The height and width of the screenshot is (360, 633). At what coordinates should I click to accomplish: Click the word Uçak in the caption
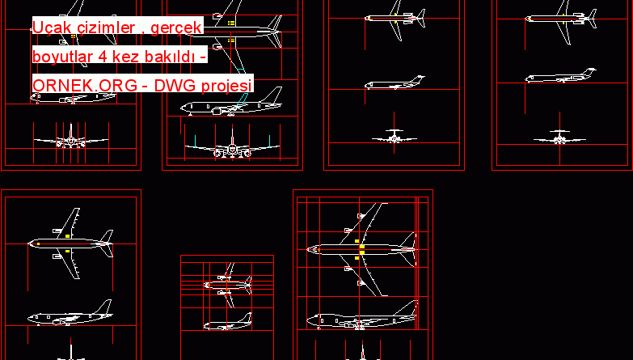tap(50, 29)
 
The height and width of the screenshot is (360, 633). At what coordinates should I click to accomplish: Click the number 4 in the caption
tap(105, 57)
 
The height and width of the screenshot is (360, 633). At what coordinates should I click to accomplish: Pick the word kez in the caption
tap(129, 57)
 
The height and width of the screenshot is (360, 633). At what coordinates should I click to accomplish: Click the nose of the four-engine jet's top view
tap(309, 250)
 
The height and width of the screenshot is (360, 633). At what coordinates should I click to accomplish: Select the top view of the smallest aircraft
tap(226, 284)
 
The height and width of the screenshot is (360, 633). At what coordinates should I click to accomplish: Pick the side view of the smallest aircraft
tap(226, 324)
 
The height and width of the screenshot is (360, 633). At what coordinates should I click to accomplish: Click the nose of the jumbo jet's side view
tap(309, 322)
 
